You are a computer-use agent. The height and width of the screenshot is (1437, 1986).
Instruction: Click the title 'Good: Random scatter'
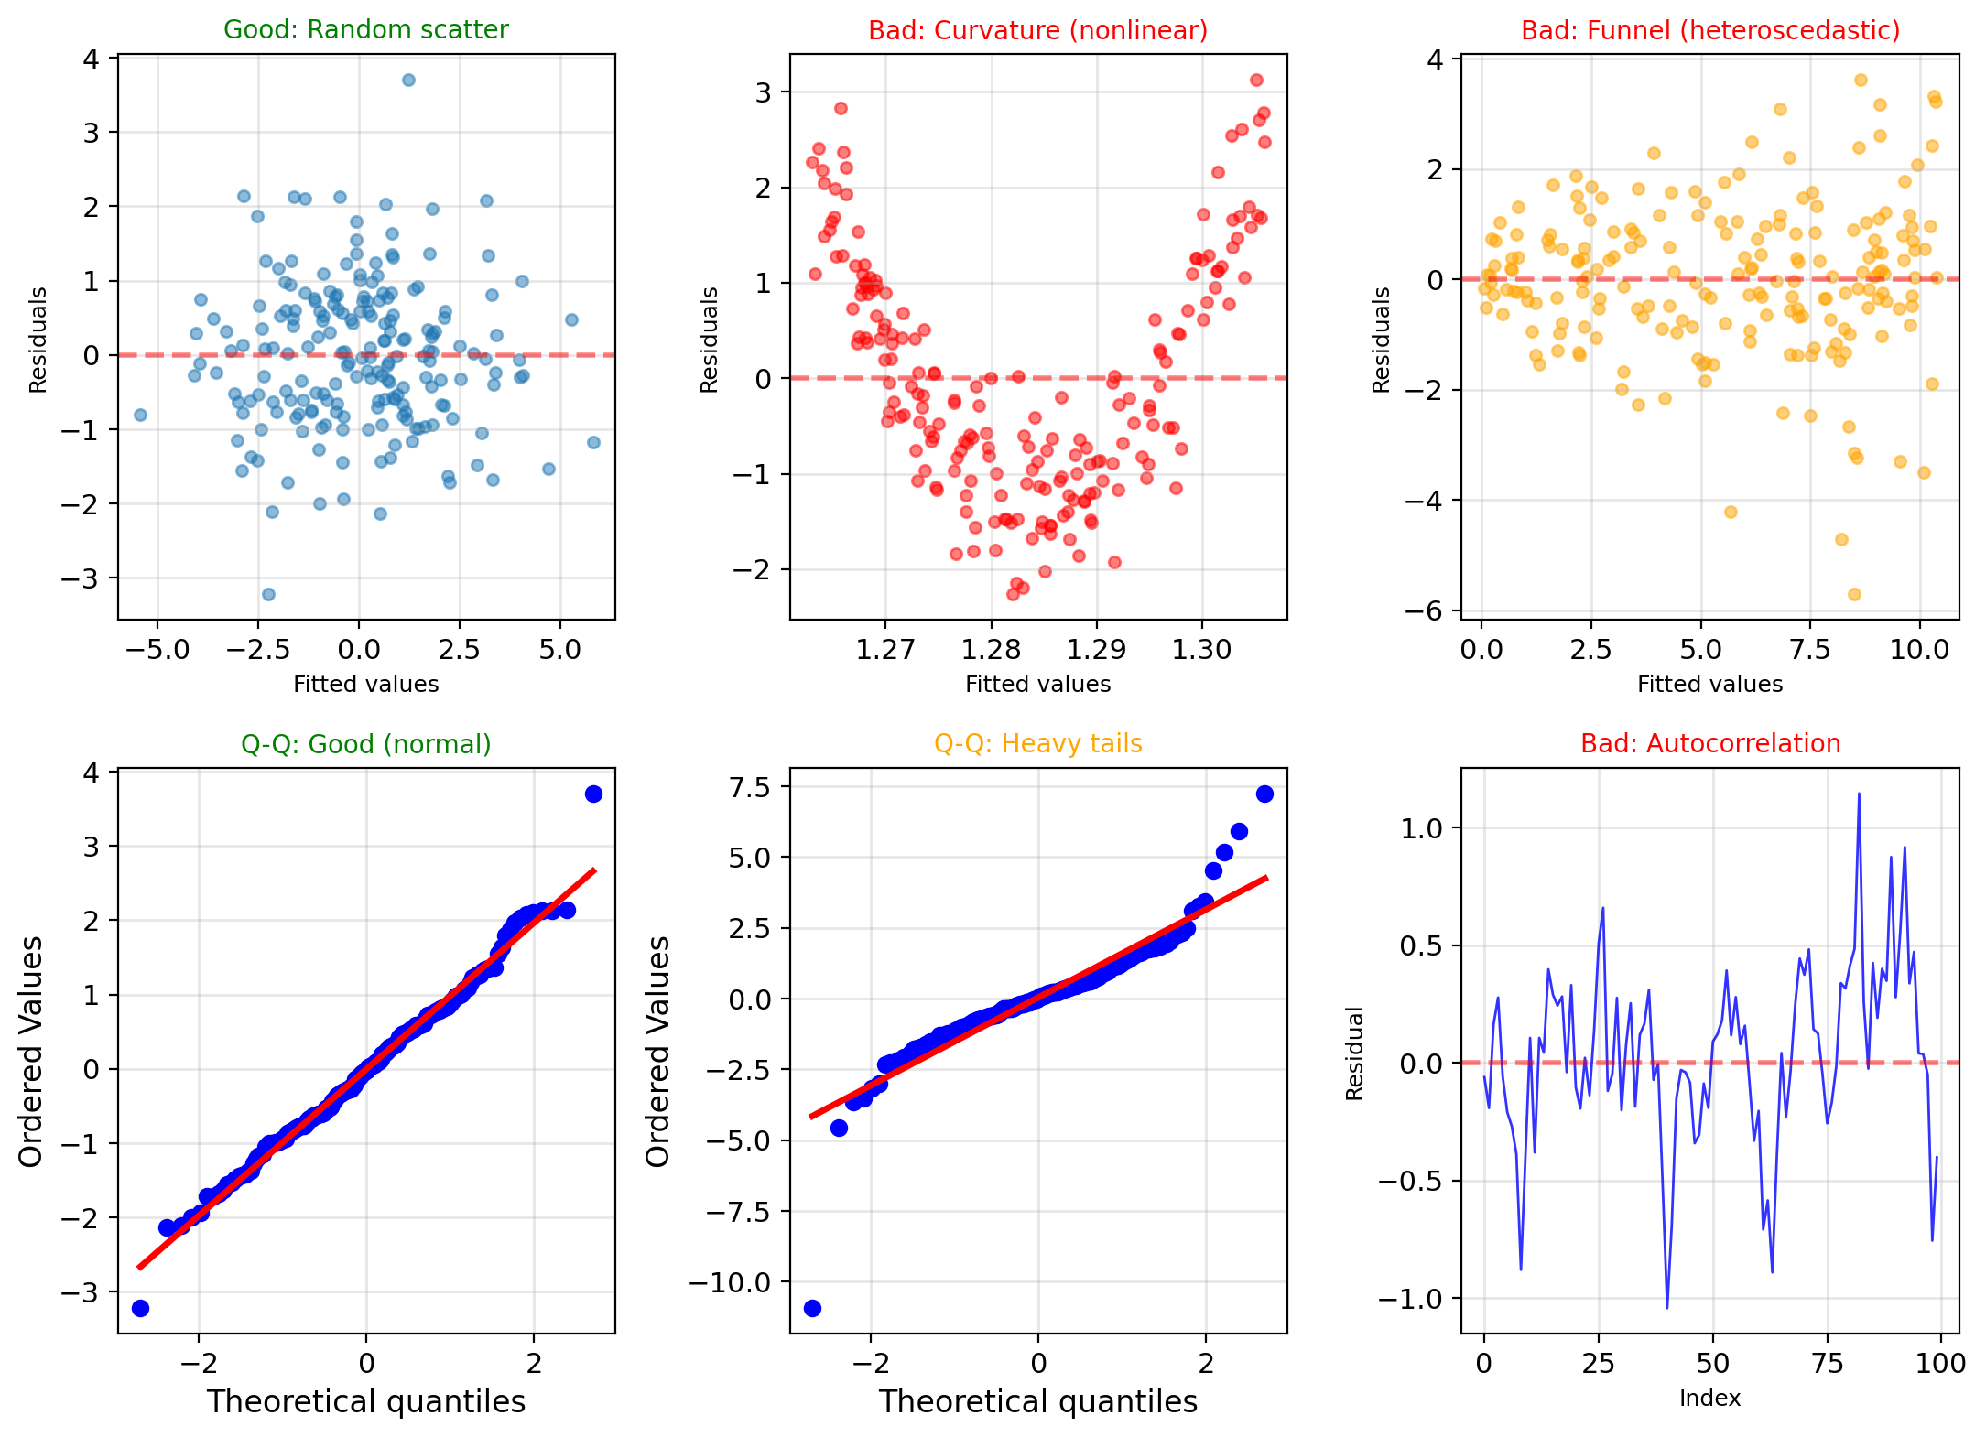(x=365, y=30)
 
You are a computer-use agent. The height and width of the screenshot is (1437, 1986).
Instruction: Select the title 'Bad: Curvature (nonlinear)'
(x=1037, y=30)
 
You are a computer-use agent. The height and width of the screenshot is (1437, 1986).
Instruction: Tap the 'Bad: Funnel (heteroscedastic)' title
(x=1709, y=30)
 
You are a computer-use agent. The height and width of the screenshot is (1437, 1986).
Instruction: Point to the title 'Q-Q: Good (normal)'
(x=365, y=744)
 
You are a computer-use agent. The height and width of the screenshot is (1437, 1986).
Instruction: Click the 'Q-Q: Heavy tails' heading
(x=1037, y=744)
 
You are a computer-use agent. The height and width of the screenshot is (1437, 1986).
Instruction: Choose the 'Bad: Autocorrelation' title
(x=1709, y=744)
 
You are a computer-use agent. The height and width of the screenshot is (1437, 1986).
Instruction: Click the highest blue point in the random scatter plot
(x=408, y=80)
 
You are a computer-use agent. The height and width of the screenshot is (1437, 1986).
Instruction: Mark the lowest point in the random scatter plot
(x=268, y=594)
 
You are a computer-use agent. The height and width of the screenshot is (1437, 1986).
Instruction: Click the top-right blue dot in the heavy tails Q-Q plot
(x=1264, y=794)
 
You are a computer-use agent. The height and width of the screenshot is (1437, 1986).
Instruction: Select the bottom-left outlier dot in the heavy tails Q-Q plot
(x=812, y=1308)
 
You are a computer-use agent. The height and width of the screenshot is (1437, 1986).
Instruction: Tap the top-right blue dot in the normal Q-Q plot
(x=593, y=794)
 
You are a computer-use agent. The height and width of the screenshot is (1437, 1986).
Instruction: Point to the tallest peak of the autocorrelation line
(x=1859, y=794)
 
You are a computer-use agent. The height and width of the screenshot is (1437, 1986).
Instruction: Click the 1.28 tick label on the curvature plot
(x=991, y=650)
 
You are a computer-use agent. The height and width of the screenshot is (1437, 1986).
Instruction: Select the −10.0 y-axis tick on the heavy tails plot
(x=730, y=1282)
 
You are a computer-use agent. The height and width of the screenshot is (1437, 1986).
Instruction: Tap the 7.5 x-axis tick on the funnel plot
(x=1809, y=650)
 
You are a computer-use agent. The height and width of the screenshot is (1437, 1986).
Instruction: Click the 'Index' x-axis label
(x=1709, y=1398)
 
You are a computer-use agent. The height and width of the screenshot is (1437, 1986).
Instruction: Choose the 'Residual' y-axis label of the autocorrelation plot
(x=1355, y=1053)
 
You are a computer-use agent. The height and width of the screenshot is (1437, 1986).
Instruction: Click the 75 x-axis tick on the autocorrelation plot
(x=1828, y=1364)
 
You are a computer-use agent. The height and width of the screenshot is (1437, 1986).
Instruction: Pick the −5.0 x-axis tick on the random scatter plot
(x=157, y=650)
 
